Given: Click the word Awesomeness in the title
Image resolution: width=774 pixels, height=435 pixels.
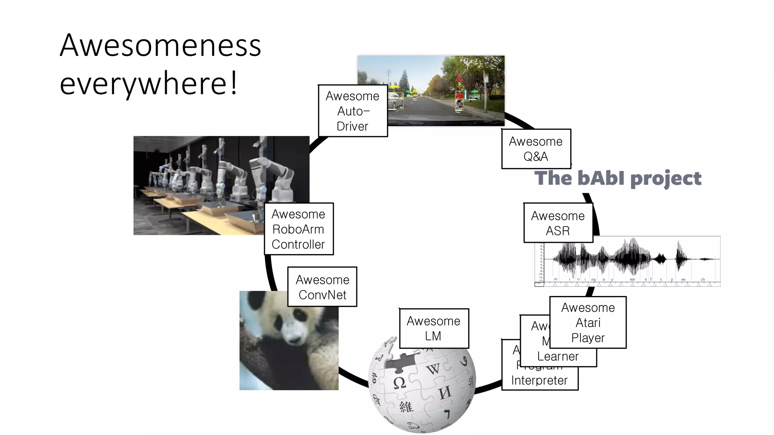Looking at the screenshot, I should click(160, 45).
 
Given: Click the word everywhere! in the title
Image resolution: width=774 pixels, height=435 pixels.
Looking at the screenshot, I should click(149, 84).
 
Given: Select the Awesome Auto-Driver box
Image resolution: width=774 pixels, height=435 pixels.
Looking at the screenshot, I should click(353, 111).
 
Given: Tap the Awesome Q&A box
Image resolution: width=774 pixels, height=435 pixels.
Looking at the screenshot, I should click(536, 149).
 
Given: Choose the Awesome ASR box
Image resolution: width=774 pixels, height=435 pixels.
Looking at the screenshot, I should click(558, 223).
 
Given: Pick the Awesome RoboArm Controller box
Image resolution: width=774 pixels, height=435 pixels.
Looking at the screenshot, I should click(298, 229).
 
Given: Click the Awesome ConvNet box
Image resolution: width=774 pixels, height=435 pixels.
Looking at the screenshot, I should click(322, 287).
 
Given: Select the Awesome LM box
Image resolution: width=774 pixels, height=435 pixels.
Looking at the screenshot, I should click(433, 328).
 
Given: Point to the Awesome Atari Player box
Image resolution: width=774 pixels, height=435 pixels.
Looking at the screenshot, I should click(588, 322).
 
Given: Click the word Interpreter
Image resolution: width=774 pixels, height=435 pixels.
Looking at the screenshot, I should click(539, 380).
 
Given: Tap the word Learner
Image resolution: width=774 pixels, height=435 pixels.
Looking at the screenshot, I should click(558, 356).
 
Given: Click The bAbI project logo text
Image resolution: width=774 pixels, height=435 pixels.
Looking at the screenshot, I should click(618, 178).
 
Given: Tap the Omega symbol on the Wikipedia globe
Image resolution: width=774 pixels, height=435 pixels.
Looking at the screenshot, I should click(399, 383).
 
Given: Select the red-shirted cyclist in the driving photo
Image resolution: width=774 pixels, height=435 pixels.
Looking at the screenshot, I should click(459, 100).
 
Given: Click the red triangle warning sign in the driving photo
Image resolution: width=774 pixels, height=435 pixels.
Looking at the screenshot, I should click(459, 79).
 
